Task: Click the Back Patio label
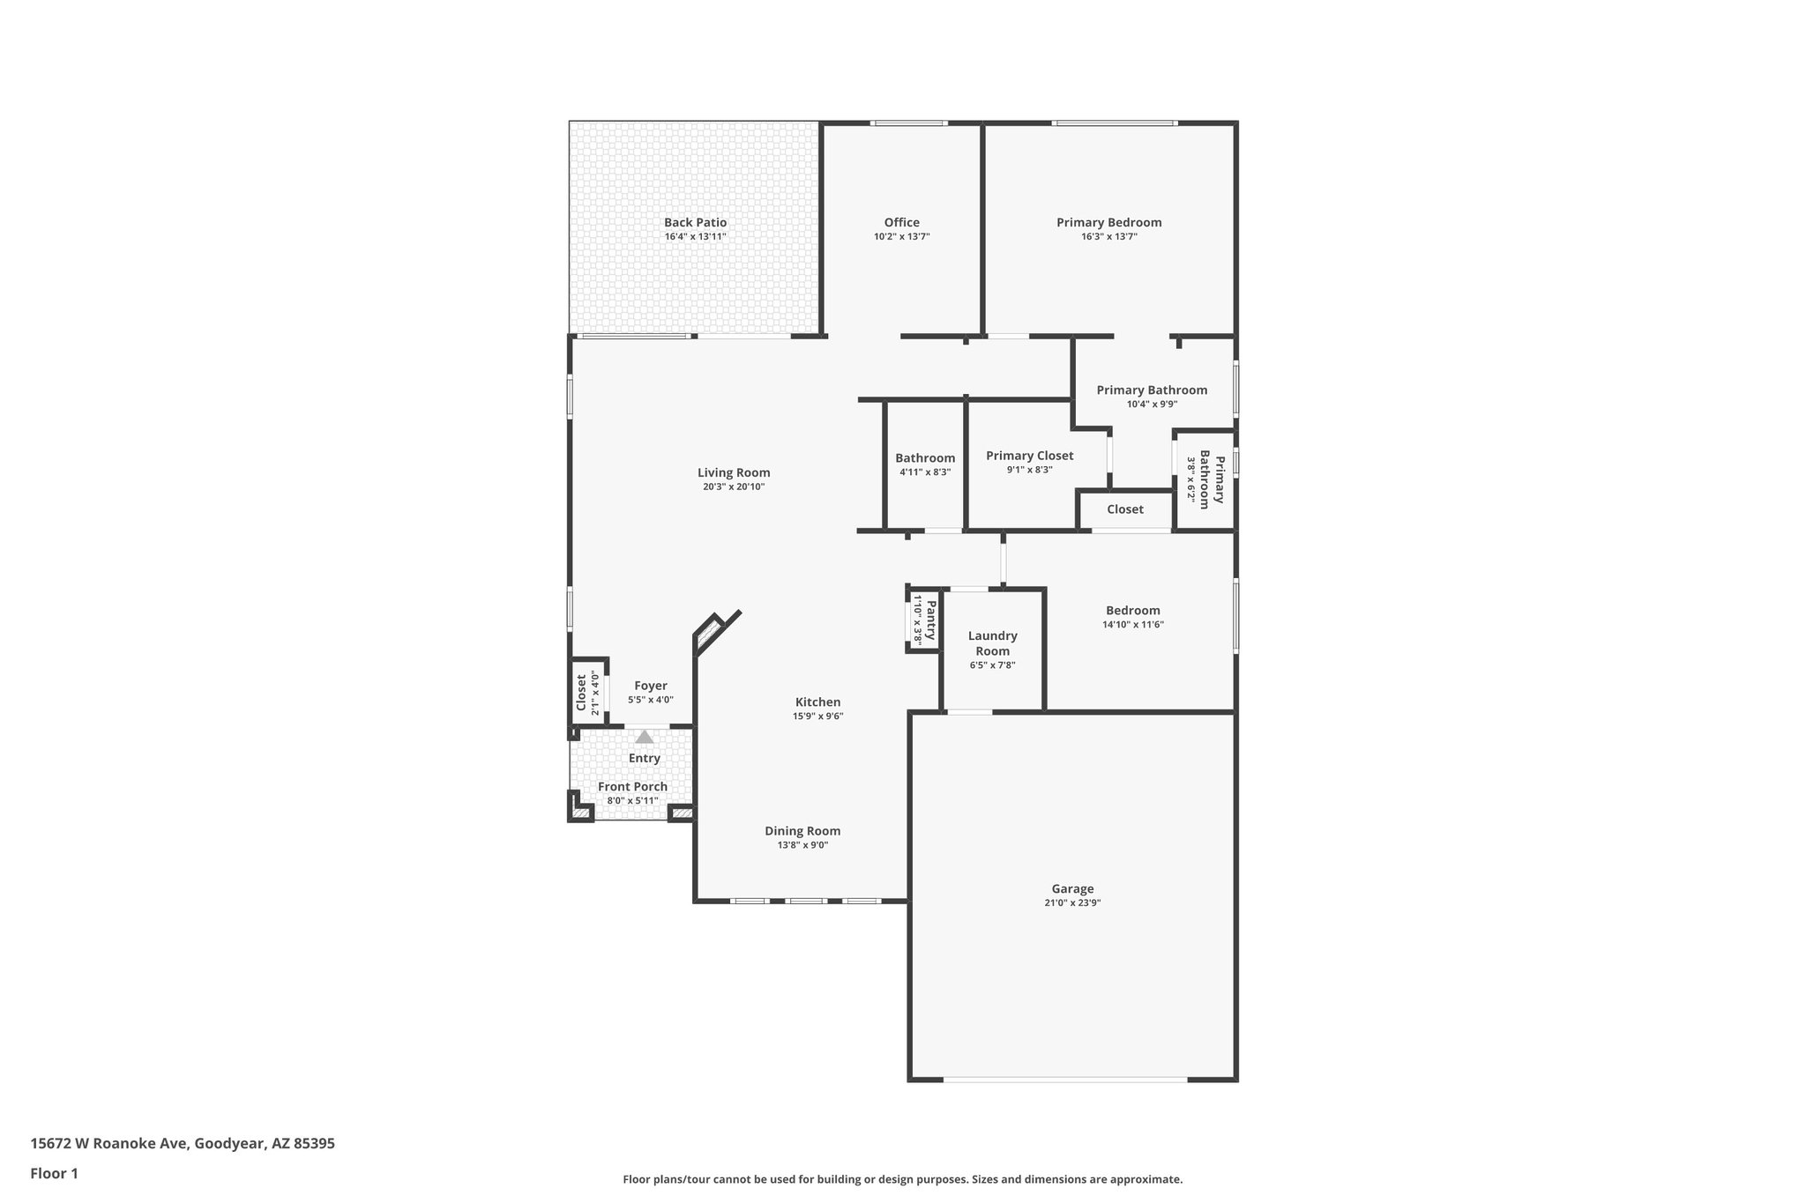pyautogui.click(x=695, y=223)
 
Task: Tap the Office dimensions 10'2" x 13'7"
pyautogui.click(x=901, y=237)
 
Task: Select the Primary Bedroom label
pyautogui.click(x=1108, y=223)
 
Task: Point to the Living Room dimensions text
pyautogui.click(x=733, y=486)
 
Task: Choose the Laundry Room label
pyautogui.click(x=992, y=643)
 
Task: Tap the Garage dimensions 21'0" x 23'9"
pyautogui.click(x=1072, y=902)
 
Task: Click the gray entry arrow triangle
pyautogui.click(x=645, y=737)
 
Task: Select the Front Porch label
pyautogui.click(x=632, y=787)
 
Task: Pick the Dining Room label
pyautogui.click(x=802, y=831)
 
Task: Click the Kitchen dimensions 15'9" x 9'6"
pyautogui.click(x=817, y=717)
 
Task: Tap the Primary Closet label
pyautogui.click(x=1029, y=456)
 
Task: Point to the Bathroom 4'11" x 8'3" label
pyautogui.click(x=924, y=458)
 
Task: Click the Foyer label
pyautogui.click(x=651, y=686)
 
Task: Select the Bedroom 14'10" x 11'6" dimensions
pyautogui.click(x=1132, y=625)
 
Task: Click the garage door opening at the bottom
pyautogui.click(x=1065, y=1079)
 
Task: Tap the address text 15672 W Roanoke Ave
pyautogui.click(x=183, y=1143)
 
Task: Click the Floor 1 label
pyautogui.click(x=54, y=1173)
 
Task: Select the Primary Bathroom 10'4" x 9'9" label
pyautogui.click(x=1152, y=390)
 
